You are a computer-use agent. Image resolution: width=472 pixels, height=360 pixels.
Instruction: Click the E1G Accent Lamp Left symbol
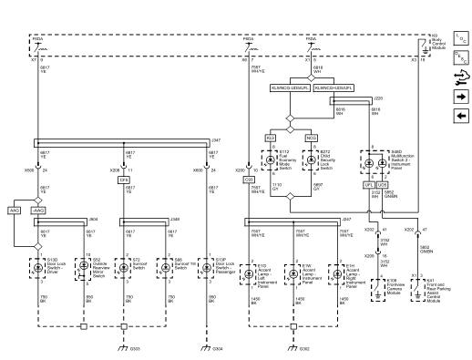252,270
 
